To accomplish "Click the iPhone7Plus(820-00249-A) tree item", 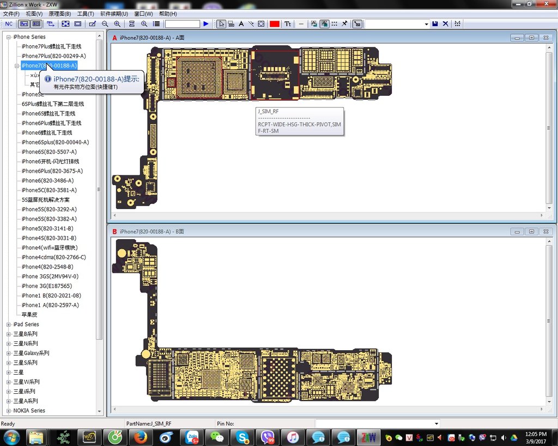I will tap(53, 56).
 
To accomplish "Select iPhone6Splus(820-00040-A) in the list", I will tap(55, 142).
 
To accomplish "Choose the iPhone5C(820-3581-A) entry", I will tap(49, 190).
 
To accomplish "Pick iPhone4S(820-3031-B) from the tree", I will tap(49, 238).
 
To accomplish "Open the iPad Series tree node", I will tap(26, 325).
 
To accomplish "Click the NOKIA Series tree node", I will tap(29, 411).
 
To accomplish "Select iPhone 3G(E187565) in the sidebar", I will tap(47, 286).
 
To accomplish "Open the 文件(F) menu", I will tap(11, 14).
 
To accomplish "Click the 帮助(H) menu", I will tap(167, 14).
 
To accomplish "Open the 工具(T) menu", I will tap(85, 14).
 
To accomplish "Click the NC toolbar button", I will tap(9, 24).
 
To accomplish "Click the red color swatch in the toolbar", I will tap(274, 24).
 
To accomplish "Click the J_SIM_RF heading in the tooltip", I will tap(268, 112).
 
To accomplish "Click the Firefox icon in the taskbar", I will tap(141, 437).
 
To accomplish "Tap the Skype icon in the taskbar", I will tap(243, 437).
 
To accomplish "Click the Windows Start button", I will tap(11, 437).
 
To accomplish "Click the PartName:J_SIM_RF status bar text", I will tap(148, 424).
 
